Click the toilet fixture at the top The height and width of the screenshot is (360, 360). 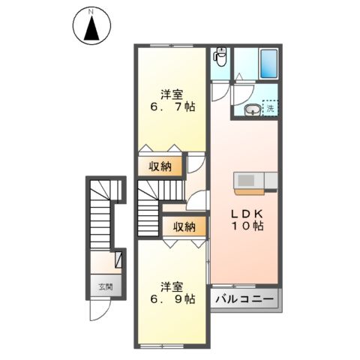tap(220, 57)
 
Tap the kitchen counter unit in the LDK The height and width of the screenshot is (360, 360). tap(256, 181)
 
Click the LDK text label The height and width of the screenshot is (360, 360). tap(245, 212)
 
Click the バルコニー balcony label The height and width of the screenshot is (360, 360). tap(245, 298)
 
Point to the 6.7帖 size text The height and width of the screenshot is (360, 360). tap(172, 108)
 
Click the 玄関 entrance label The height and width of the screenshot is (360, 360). tap(105, 286)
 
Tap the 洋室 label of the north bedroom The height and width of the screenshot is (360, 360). tap(172, 94)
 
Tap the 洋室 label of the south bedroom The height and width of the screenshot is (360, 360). tap(172, 286)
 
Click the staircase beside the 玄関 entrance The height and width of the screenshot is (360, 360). tap(100, 217)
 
